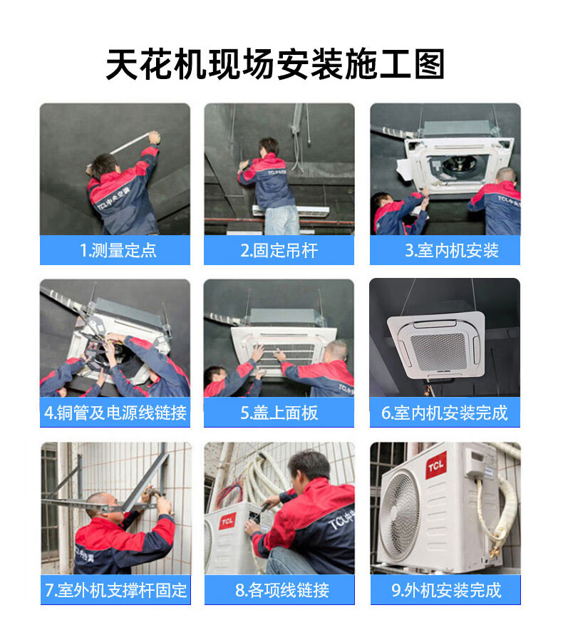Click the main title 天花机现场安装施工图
[x=275, y=63]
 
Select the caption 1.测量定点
[x=118, y=250]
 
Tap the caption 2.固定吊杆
[x=279, y=250]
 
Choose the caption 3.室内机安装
[x=451, y=250]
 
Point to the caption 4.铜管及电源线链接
[x=115, y=413]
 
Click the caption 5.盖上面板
[x=279, y=413]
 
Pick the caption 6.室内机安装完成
[x=444, y=413]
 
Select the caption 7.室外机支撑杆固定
[x=115, y=590]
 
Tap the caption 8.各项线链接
[x=282, y=590]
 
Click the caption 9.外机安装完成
[x=446, y=590]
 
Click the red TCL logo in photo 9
[x=436, y=465]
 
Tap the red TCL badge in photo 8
[x=227, y=521]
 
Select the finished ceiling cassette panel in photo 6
[x=437, y=346]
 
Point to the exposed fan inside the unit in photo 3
[x=458, y=166]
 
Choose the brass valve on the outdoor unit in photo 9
[x=495, y=552]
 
